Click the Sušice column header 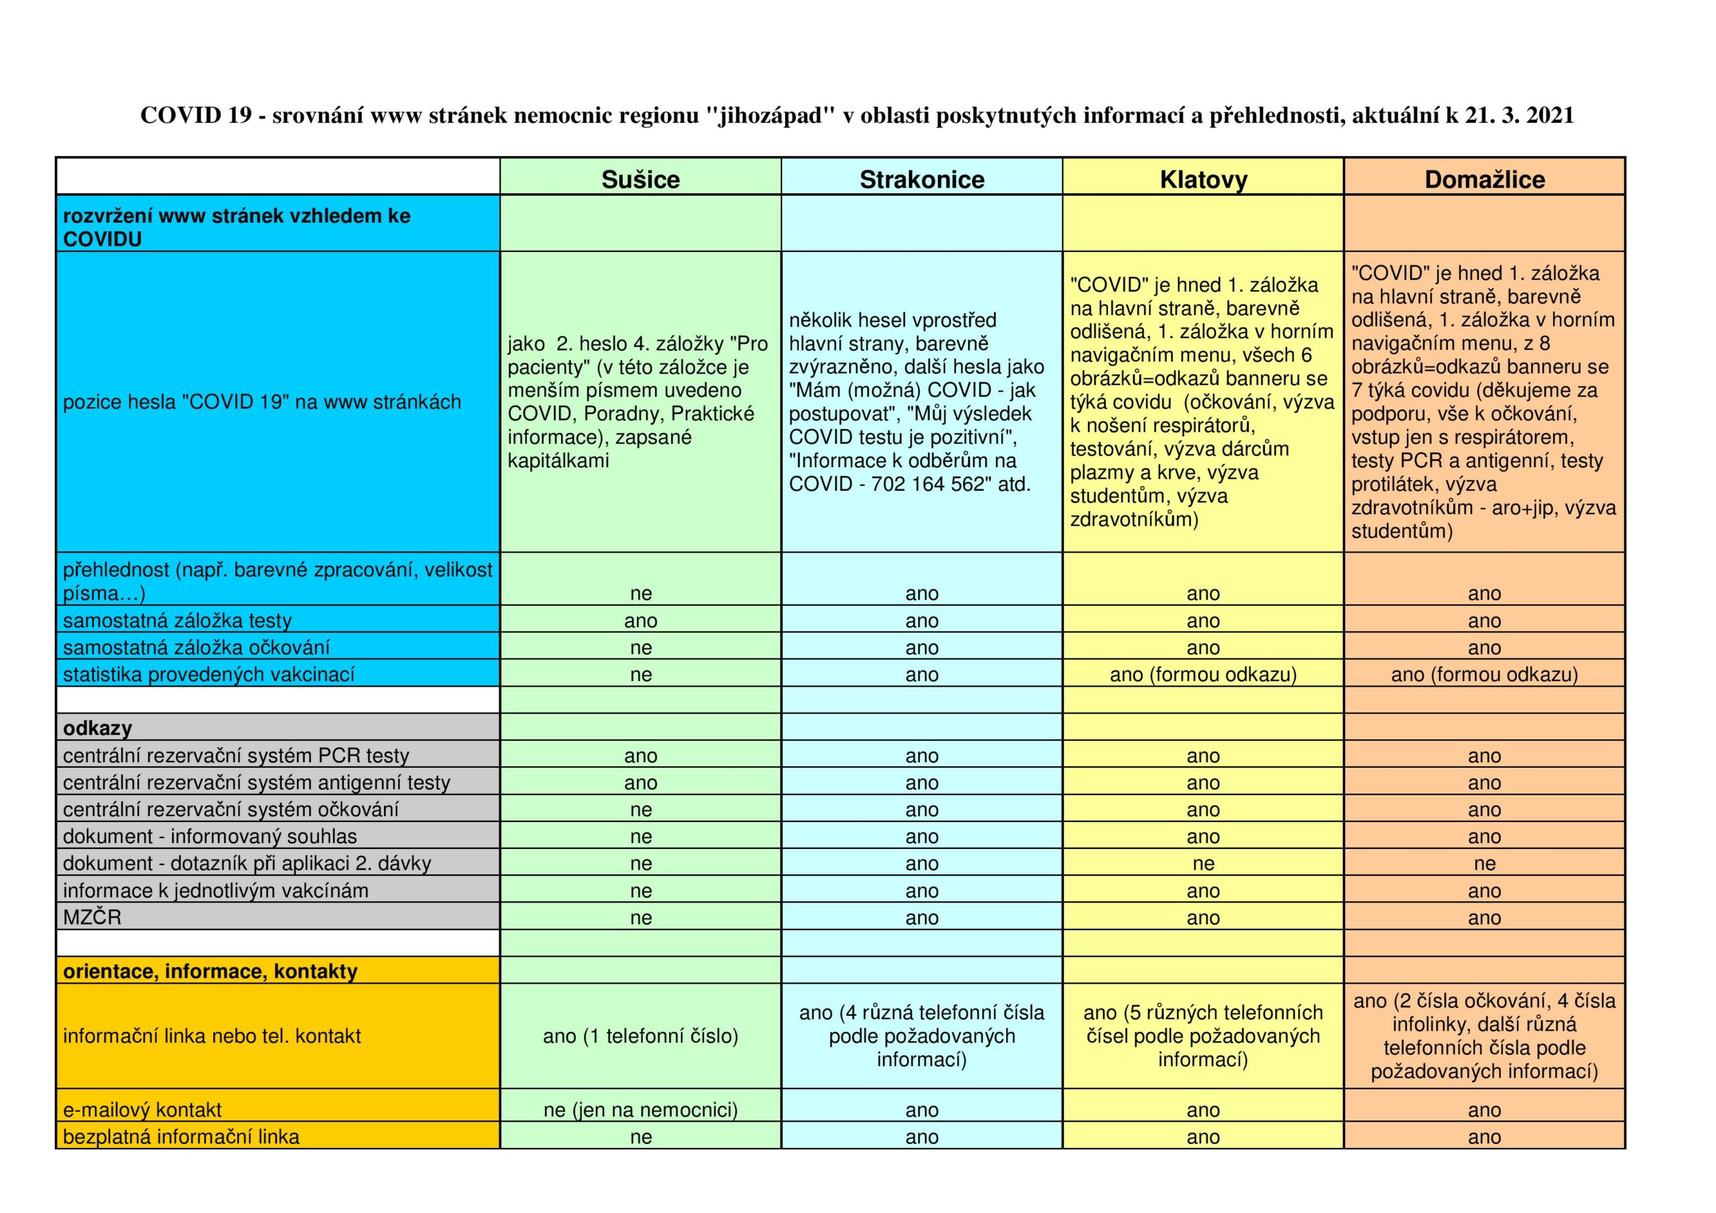tap(641, 180)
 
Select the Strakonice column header tap(922, 180)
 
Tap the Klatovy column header tap(1203, 180)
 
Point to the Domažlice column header tap(1484, 180)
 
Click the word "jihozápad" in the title tap(770, 115)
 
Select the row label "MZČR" tap(92, 917)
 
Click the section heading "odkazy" tap(97, 728)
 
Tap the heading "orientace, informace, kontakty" tap(210, 972)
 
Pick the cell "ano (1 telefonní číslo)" tap(641, 1036)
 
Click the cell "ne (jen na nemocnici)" tap(641, 1110)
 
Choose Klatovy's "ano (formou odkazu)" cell tap(1203, 675)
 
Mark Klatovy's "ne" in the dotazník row tap(1203, 864)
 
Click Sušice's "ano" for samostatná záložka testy tap(641, 621)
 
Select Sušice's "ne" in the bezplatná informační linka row tap(641, 1137)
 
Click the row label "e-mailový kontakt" tap(142, 1110)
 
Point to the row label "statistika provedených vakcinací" tap(208, 675)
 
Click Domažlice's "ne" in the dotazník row tap(1484, 864)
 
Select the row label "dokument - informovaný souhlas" tap(210, 837)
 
